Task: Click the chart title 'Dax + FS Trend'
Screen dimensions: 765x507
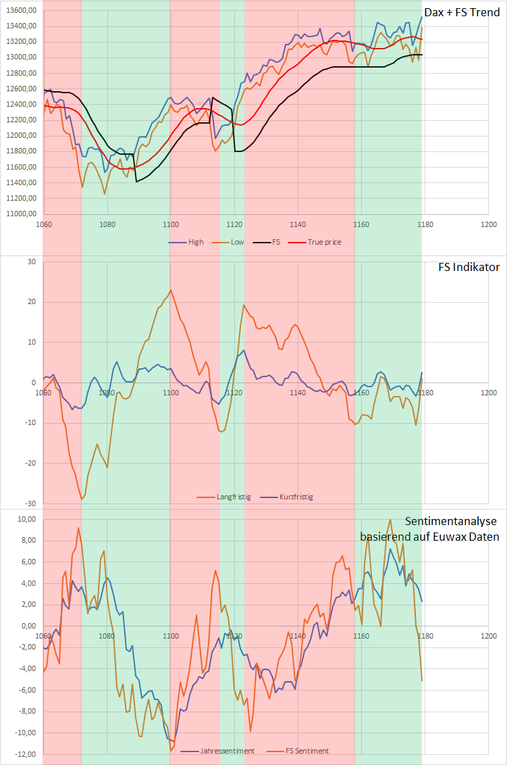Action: [x=462, y=12]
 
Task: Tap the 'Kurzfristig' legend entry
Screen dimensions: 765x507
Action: [x=294, y=497]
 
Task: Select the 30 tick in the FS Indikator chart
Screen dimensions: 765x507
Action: [x=30, y=262]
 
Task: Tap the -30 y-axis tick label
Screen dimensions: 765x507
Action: [x=29, y=503]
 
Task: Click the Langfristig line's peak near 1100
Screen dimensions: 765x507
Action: [x=171, y=290]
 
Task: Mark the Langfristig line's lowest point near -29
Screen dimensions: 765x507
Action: [x=82, y=499]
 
